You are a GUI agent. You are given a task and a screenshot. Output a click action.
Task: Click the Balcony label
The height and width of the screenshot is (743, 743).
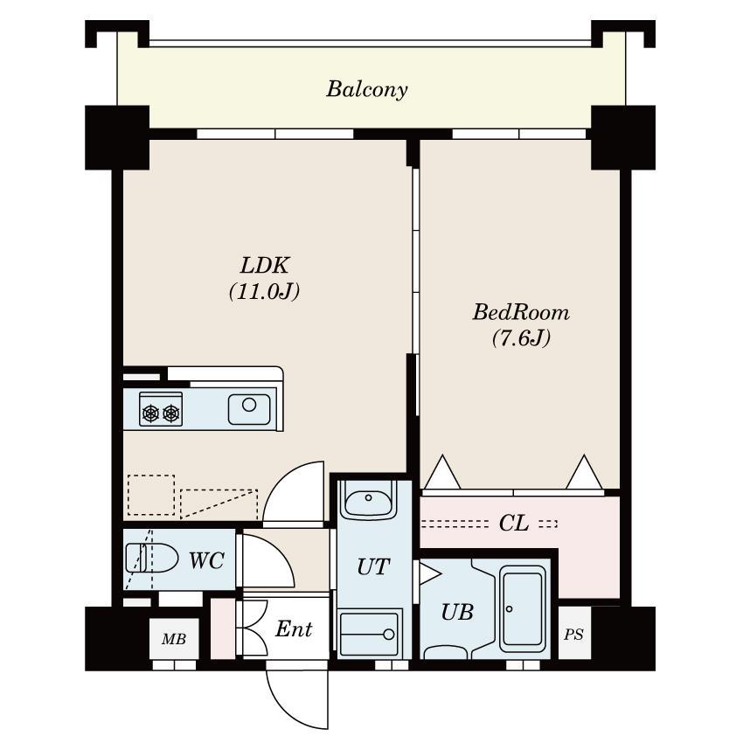367,89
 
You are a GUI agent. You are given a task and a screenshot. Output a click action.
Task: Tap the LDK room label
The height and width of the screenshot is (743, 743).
264,266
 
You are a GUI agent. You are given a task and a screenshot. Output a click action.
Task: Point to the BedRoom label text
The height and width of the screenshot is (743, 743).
521,313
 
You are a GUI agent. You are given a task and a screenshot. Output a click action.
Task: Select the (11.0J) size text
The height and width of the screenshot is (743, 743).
264,291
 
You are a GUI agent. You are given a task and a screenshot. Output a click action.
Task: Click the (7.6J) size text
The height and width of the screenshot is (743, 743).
521,338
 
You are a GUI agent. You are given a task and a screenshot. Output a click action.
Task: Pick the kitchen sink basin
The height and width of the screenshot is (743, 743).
249,409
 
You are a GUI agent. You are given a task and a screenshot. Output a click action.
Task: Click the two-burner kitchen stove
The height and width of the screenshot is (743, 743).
161,409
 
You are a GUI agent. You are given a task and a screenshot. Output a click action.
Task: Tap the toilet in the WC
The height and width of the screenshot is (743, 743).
151,558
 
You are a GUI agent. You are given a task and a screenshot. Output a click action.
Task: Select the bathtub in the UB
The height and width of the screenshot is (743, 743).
523,608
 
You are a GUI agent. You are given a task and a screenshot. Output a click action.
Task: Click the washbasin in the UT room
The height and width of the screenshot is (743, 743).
368,499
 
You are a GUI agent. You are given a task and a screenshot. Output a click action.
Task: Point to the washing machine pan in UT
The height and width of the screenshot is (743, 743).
370,634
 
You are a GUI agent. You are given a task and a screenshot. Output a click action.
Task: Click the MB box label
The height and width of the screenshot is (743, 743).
173,639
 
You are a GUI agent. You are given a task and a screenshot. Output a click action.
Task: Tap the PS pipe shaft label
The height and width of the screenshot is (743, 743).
573,635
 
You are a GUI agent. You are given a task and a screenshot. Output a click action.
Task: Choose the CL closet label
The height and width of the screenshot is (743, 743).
514,523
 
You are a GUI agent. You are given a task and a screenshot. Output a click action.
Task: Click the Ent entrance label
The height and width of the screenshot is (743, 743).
294,629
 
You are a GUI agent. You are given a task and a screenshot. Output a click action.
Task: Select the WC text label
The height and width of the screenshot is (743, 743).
206,560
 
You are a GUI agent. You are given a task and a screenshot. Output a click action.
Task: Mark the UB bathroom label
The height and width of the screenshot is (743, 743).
457,612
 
